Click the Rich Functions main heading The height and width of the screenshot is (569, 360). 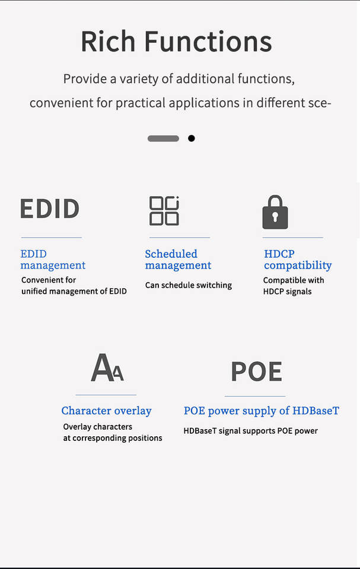click(x=176, y=41)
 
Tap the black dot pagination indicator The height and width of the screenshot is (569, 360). click(x=191, y=138)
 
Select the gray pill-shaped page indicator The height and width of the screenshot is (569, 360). click(x=163, y=138)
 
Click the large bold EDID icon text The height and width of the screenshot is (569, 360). click(x=50, y=209)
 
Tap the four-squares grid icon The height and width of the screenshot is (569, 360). click(x=164, y=210)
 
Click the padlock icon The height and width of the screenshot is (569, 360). click(x=275, y=212)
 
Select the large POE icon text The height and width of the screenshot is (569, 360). click(x=256, y=371)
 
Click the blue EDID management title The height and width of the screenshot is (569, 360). click(x=53, y=260)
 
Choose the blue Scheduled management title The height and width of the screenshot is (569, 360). click(x=178, y=260)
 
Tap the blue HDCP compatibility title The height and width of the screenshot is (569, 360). click(x=298, y=260)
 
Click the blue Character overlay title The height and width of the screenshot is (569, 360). click(x=106, y=410)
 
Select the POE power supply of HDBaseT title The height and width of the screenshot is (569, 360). click(x=261, y=410)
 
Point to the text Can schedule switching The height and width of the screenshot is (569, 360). click(x=188, y=285)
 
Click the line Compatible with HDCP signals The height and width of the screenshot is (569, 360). click(x=294, y=286)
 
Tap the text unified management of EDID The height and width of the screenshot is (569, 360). click(x=74, y=291)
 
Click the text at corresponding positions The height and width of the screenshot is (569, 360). click(x=113, y=438)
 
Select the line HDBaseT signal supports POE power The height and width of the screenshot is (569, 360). click(x=250, y=431)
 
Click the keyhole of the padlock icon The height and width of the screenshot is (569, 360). click(x=275, y=217)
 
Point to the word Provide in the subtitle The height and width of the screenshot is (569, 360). click(x=83, y=79)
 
